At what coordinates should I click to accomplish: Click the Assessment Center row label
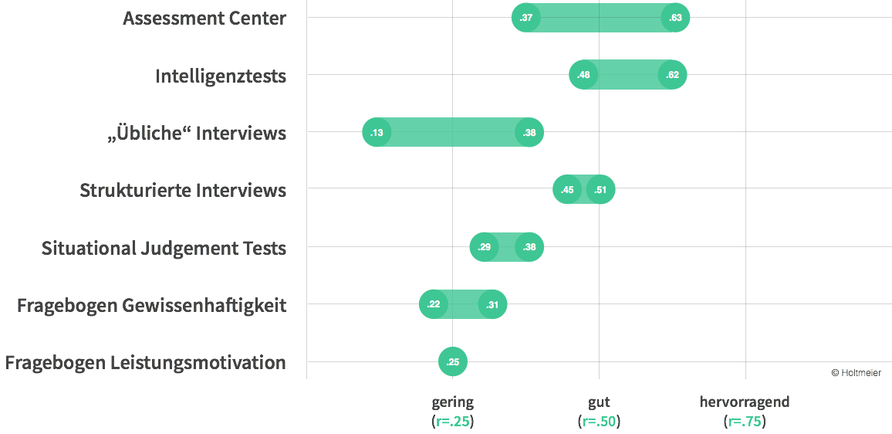tap(204, 19)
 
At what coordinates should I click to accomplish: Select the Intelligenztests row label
tap(221, 76)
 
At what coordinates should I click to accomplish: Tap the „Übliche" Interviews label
tap(196, 133)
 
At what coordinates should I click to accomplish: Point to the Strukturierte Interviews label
tap(183, 190)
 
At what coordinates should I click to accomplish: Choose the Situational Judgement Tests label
tap(164, 248)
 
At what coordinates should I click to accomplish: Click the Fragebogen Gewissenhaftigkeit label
tap(151, 305)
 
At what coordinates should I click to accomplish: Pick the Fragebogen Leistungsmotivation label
tap(145, 362)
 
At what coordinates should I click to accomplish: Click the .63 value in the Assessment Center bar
tap(675, 18)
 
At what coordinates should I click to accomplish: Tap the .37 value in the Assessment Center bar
tap(526, 18)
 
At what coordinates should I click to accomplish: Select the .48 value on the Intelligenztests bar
tap(583, 75)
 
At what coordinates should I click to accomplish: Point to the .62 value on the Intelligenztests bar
tap(672, 75)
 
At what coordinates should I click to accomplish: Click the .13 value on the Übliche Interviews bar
tap(377, 133)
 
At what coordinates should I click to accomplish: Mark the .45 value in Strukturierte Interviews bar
tap(567, 190)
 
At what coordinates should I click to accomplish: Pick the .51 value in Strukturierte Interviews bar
tap(600, 190)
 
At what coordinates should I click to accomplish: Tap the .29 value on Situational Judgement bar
tap(484, 247)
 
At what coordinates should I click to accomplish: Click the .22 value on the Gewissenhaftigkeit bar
tap(433, 305)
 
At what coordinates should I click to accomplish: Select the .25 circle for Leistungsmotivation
tap(453, 362)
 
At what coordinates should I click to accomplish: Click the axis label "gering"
tap(452, 402)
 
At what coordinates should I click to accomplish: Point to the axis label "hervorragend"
tap(744, 402)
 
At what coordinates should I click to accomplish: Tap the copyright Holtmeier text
tap(855, 372)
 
